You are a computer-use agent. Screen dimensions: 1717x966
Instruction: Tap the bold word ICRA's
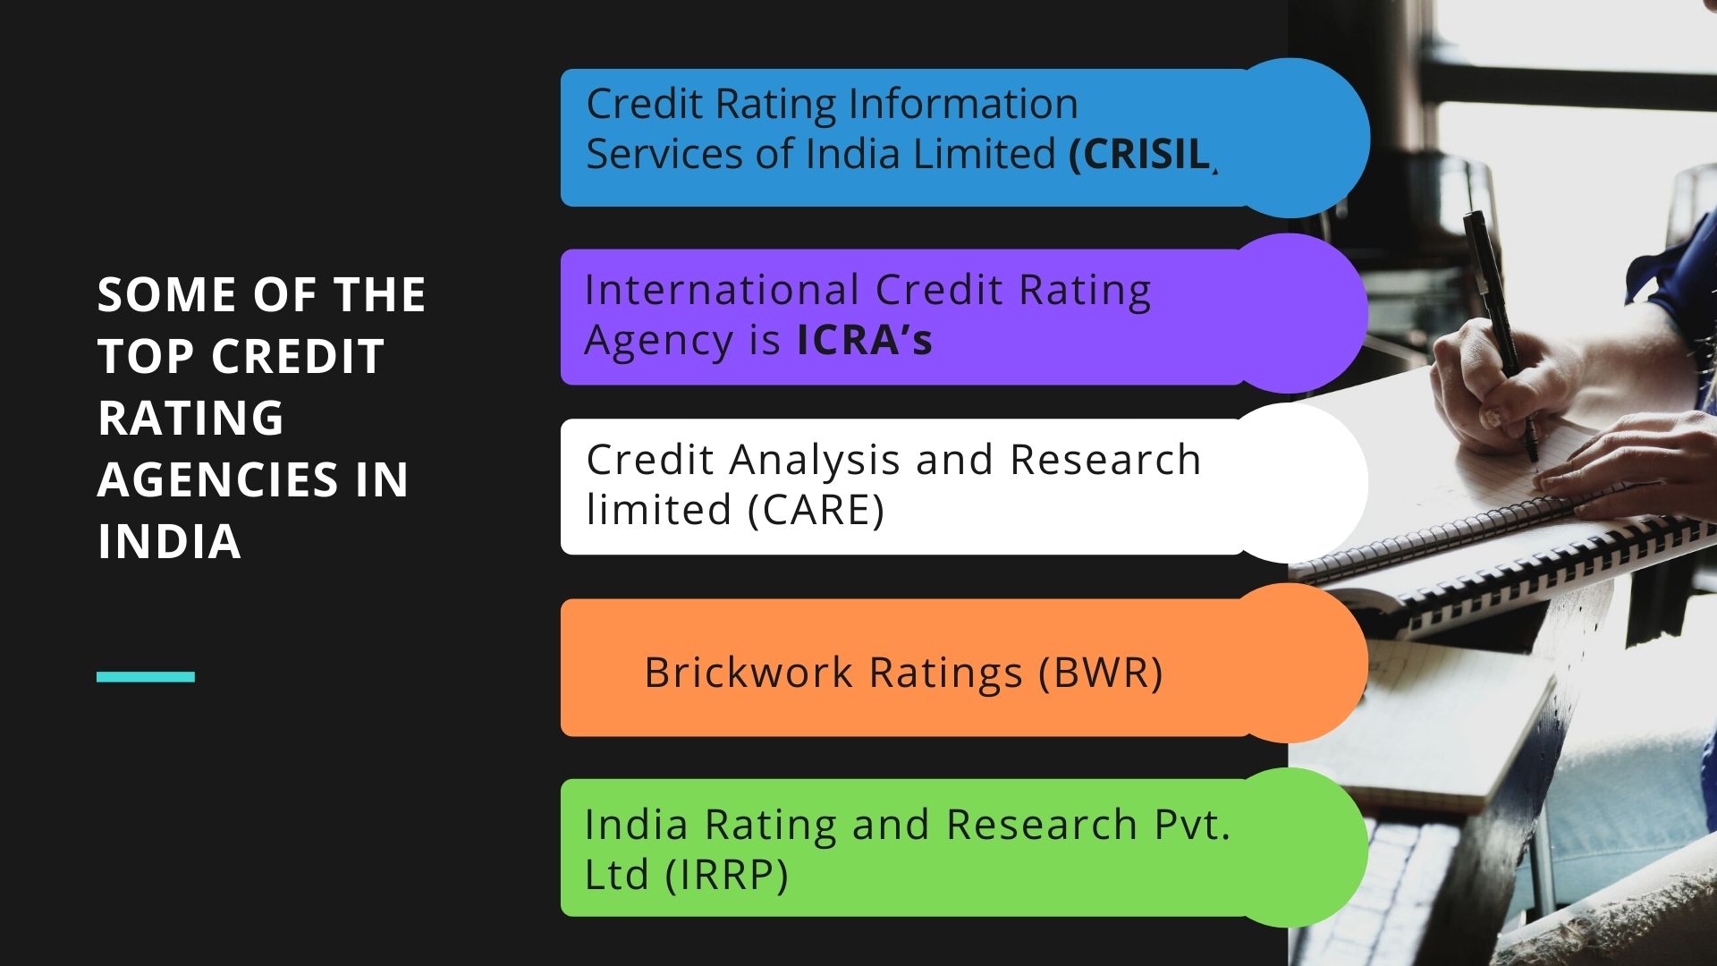[x=865, y=340]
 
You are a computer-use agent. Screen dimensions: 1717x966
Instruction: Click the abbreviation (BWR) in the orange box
[x=1101, y=673]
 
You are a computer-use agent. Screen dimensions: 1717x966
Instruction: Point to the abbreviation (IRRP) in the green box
[x=727, y=875]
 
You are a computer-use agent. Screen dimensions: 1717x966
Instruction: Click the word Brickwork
[x=749, y=673]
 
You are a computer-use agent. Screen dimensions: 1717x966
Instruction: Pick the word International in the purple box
[x=722, y=291]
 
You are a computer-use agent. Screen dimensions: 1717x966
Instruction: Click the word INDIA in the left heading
[x=169, y=541]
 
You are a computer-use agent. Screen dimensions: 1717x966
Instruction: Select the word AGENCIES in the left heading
[x=218, y=479]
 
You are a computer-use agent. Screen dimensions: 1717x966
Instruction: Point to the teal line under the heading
[x=146, y=677]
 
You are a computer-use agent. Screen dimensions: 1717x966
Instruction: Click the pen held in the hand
[x=1501, y=335]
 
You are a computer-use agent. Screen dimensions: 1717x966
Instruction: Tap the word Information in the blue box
[x=963, y=104]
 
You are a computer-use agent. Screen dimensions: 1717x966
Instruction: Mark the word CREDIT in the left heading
[x=298, y=356]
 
